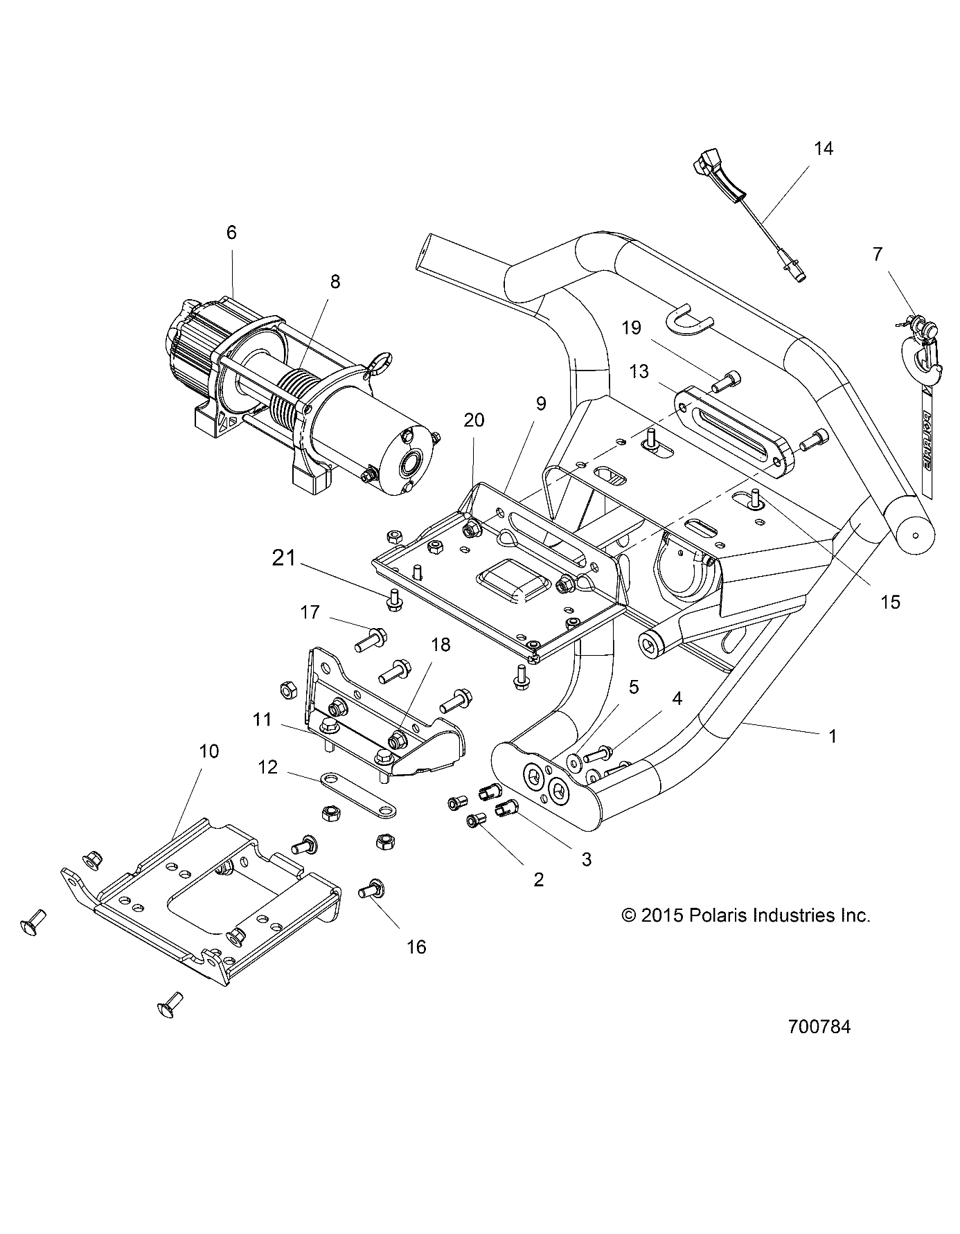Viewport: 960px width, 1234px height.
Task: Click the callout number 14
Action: tap(823, 148)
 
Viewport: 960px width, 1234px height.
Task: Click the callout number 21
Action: tap(284, 558)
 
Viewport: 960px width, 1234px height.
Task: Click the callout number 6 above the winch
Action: tap(231, 233)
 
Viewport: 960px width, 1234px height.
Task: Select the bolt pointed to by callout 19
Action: tap(727, 379)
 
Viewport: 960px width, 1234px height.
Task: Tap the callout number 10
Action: tap(208, 751)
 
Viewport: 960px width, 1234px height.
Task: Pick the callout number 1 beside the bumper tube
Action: tap(833, 737)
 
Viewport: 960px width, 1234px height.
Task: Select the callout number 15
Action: tap(890, 602)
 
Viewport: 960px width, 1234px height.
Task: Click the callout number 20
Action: tap(474, 420)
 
